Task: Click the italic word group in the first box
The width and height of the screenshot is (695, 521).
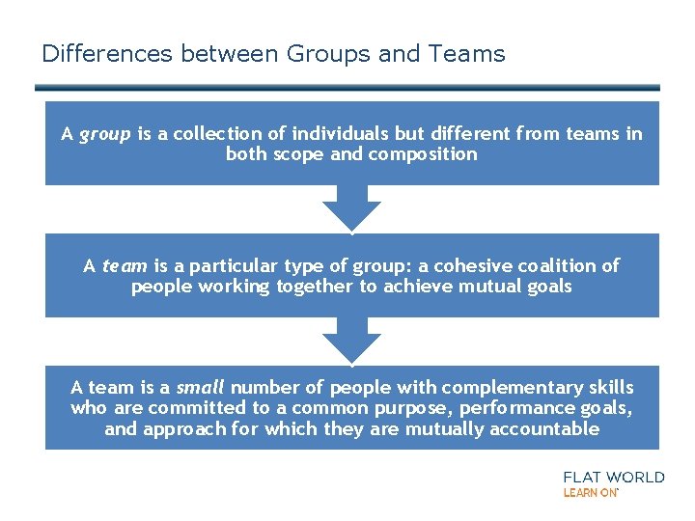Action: [x=104, y=135]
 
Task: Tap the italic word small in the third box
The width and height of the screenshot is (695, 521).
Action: [x=200, y=388]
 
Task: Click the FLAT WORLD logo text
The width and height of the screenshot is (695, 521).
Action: [x=613, y=477]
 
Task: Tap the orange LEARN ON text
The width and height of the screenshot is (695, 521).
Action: [x=590, y=492]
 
